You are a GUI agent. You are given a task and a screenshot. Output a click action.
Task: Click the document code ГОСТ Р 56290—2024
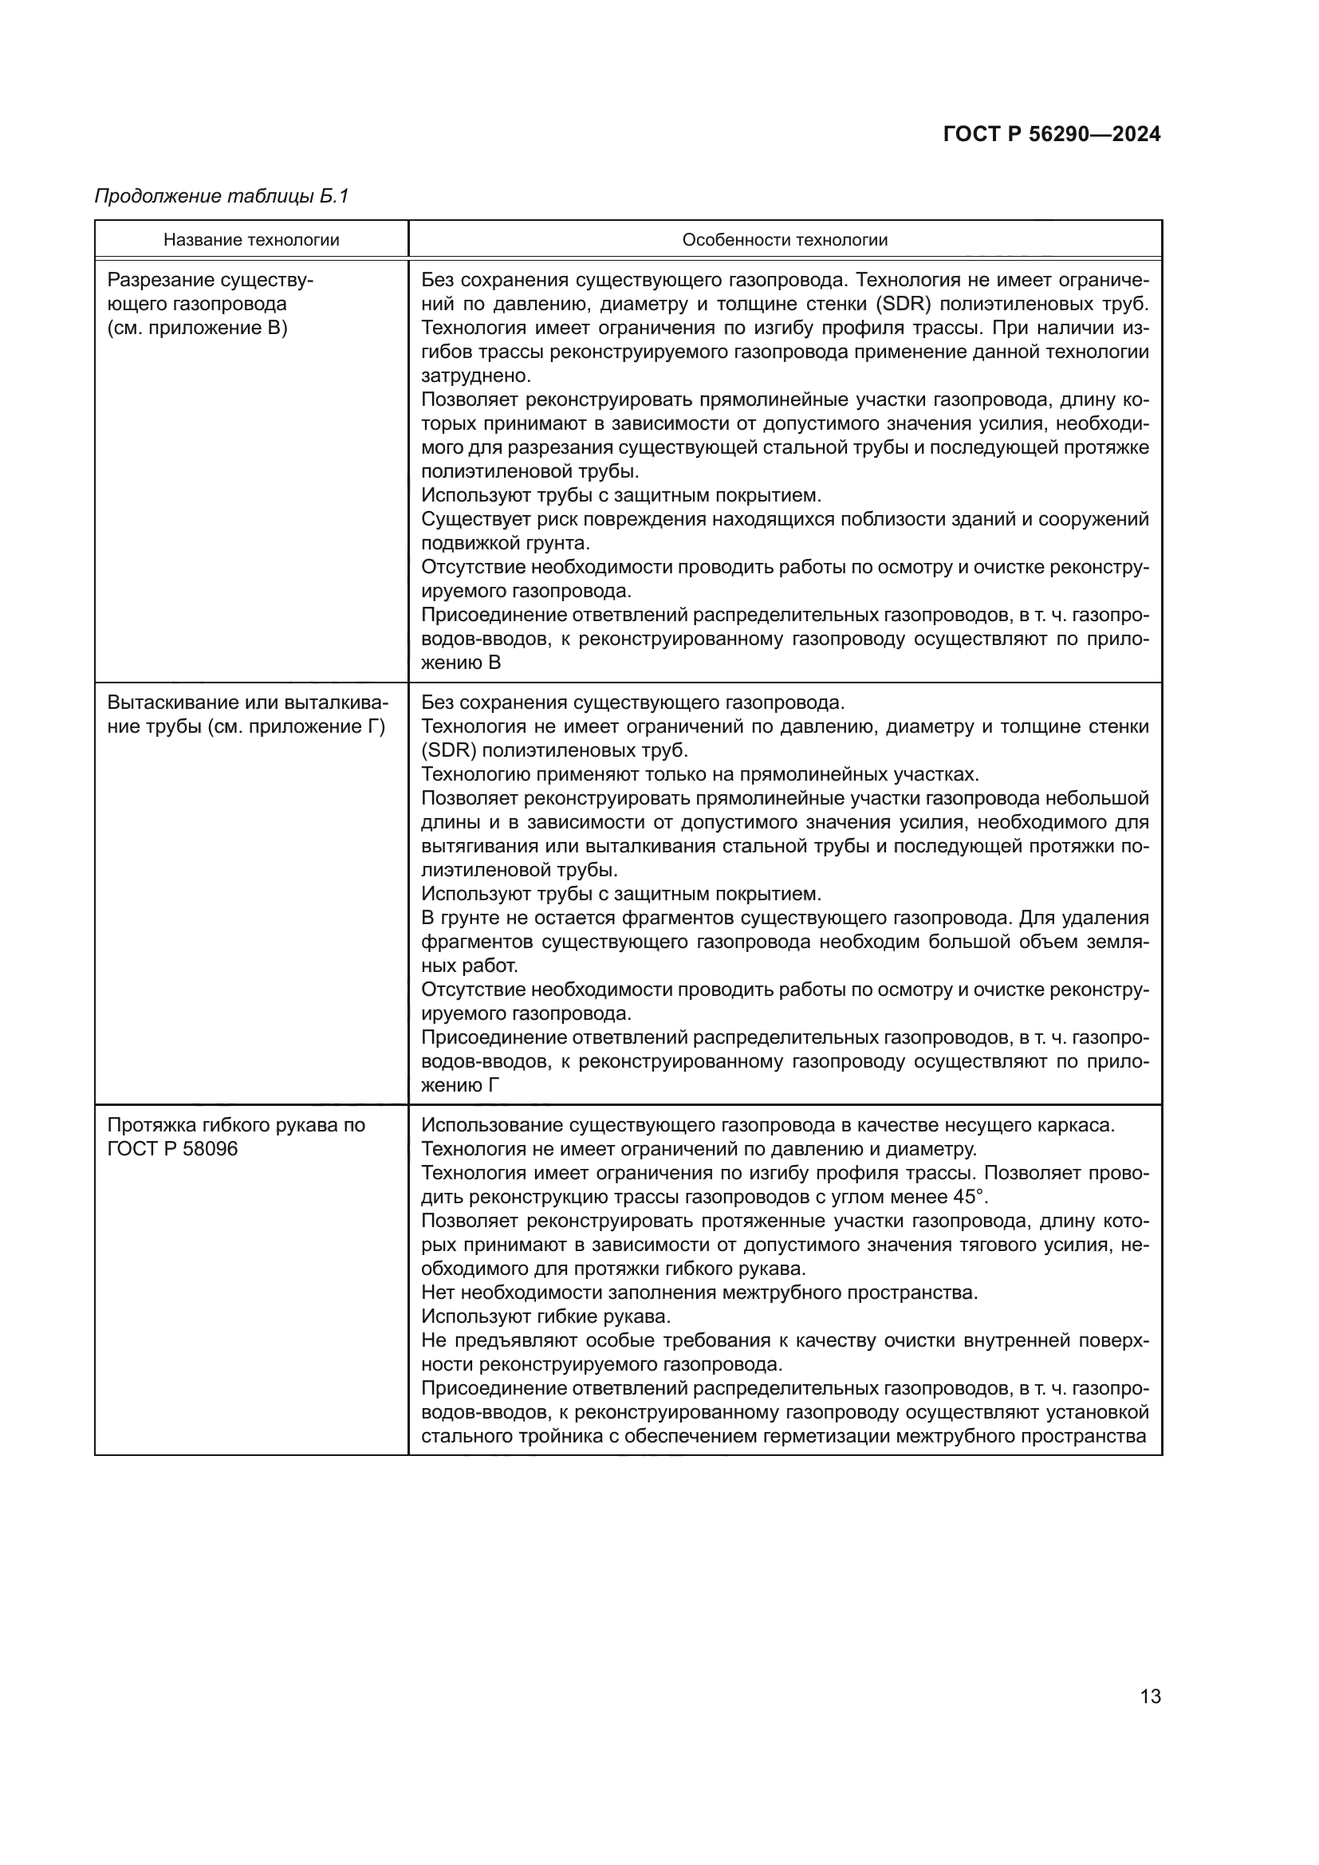(1051, 134)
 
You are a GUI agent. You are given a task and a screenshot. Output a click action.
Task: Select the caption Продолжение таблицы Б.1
(221, 196)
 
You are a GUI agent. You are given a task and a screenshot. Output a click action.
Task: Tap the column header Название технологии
(251, 240)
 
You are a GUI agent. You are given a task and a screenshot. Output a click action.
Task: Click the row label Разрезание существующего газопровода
(210, 293)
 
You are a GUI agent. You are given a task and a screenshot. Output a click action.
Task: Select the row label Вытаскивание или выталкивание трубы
(247, 714)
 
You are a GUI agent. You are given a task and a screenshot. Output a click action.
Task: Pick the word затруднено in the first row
(475, 376)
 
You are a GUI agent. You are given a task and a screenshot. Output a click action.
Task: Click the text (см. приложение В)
(197, 329)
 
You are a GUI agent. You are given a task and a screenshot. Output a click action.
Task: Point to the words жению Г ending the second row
(459, 1085)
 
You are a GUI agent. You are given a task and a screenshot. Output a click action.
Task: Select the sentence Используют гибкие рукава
(545, 1316)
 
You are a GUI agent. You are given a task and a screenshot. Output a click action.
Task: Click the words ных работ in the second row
(469, 966)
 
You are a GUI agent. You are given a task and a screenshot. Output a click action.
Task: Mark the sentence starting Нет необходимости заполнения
(699, 1293)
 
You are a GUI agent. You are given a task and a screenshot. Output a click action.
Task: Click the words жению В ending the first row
(460, 663)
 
